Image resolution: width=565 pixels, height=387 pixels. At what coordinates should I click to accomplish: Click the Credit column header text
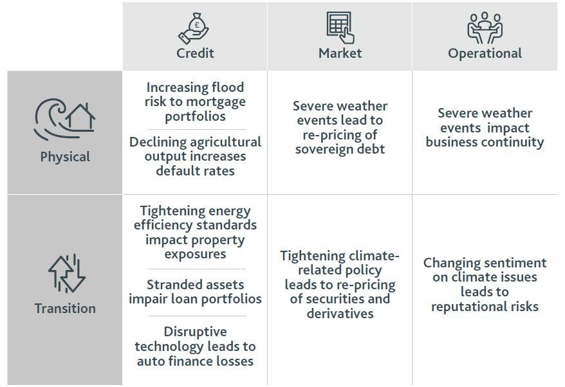click(195, 53)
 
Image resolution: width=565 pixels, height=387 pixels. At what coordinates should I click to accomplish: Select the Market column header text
click(340, 53)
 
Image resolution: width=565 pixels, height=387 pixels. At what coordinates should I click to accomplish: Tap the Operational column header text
click(485, 53)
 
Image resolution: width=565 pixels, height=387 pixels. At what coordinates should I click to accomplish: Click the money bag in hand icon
click(194, 28)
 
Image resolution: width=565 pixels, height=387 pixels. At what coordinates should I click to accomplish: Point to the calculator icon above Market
click(340, 28)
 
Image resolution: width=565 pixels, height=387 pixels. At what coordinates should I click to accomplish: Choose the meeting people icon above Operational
click(485, 28)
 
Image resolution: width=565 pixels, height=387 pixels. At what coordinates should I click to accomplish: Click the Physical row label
click(65, 157)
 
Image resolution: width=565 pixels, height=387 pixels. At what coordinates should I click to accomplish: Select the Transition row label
click(65, 309)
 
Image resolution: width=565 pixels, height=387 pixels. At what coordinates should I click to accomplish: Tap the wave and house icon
click(65, 119)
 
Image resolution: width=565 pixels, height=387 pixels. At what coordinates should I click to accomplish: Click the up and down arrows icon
click(67, 273)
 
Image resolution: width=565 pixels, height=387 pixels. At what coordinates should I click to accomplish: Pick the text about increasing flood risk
click(195, 102)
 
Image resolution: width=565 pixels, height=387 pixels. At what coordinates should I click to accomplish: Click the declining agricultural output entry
click(195, 156)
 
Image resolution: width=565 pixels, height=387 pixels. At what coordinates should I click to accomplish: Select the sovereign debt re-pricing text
click(340, 127)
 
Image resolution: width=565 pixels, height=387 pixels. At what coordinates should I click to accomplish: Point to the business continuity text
click(485, 128)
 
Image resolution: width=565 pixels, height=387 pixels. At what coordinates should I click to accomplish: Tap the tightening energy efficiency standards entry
click(195, 232)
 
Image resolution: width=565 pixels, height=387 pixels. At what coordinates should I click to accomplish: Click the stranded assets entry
click(195, 292)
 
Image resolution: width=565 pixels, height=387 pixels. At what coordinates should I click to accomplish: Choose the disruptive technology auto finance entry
click(195, 346)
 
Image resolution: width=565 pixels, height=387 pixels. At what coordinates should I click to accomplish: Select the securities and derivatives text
click(340, 284)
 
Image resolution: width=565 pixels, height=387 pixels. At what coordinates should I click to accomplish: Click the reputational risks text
click(485, 284)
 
